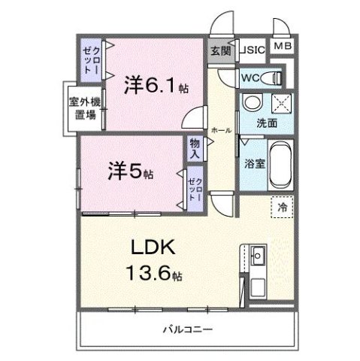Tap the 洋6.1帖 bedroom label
[x=156, y=86]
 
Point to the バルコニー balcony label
[x=187, y=329]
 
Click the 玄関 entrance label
[x=220, y=51]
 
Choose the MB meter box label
[x=282, y=47]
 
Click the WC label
[x=250, y=77]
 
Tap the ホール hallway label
[x=221, y=129]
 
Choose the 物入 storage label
[x=195, y=147]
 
